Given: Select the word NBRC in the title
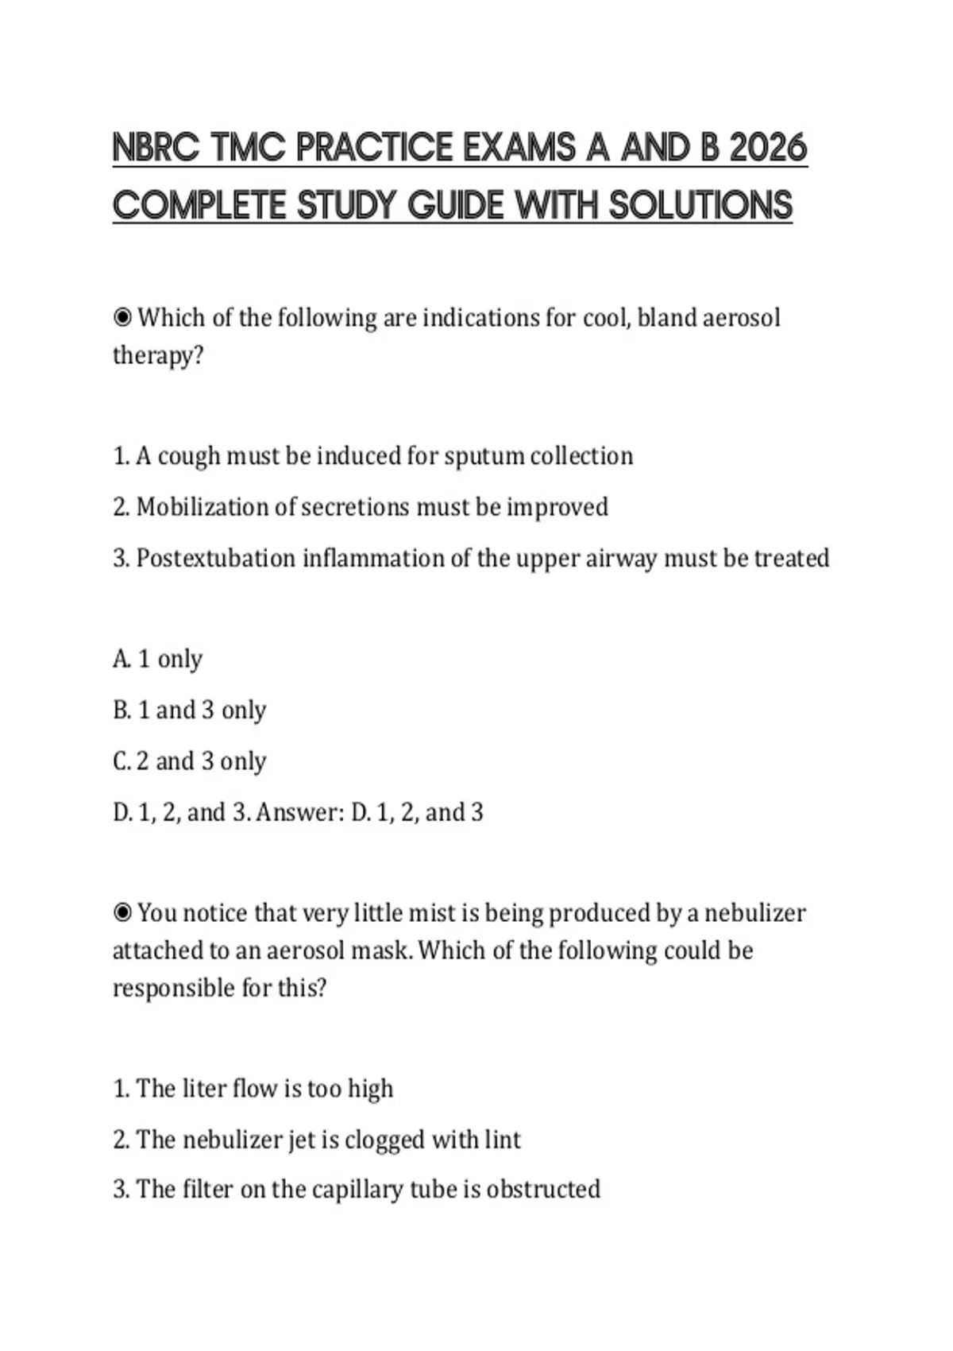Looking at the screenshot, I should [x=156, y=149].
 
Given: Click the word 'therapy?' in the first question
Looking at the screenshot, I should [x=158, y=355].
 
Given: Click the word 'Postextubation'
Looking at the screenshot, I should [x=216, y=559].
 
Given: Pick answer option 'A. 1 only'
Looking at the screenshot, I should [x=158, y=659].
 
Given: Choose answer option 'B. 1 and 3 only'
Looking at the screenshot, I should [x=190, y=710].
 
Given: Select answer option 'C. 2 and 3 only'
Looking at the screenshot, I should [x=190, y=761].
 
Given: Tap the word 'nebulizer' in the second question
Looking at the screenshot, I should [x=754, y=913].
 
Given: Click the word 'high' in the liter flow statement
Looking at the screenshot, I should [x=370, y=1089].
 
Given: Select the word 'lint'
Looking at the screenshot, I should [x=503, y=1140].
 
